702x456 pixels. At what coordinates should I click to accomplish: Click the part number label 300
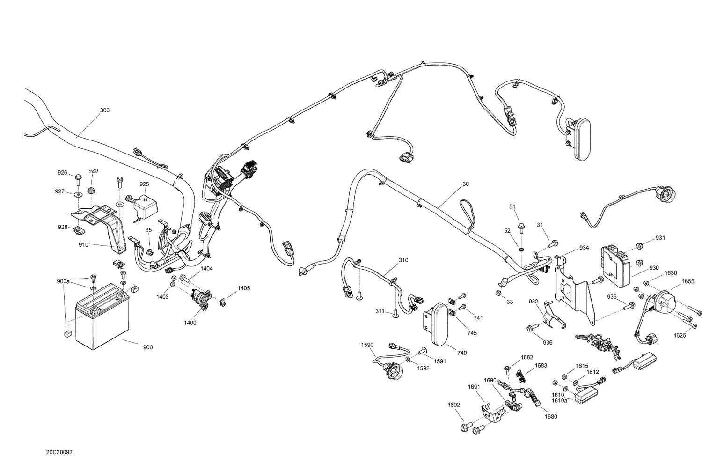(105, 110)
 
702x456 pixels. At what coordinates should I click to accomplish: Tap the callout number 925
(144, 184)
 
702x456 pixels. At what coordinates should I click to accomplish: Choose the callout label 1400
(190, 323)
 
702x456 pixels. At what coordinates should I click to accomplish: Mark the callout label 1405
(243, 288)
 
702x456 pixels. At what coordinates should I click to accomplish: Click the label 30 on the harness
(465, 184)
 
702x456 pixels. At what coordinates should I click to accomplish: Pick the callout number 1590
(367, 345)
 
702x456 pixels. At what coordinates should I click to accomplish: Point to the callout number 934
(584, 247)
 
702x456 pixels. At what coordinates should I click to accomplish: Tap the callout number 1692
(454, 405)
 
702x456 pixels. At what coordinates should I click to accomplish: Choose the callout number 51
(512, 206)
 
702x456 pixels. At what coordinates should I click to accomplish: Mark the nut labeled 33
(499, 294)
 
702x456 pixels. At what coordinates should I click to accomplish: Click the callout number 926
(62, 172)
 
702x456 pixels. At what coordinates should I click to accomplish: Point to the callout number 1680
(551, 417)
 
